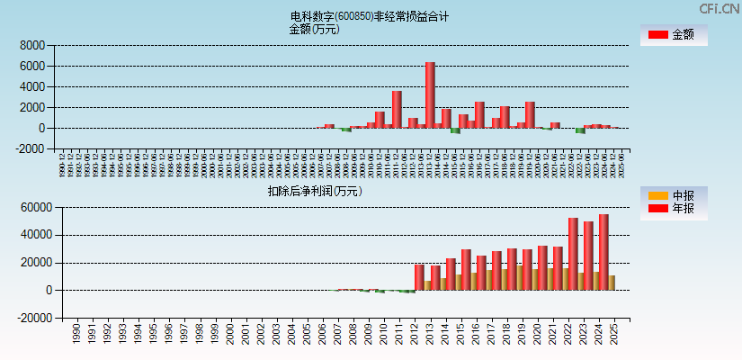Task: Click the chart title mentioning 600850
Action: (x=370, y=16)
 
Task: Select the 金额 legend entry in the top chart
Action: (x=673, y=35)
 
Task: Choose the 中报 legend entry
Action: (x=673, y=196)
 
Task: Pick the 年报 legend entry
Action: (x=673, y=209)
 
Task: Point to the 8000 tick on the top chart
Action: (x=31, y=45)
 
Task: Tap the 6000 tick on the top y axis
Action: (x=31, y=66)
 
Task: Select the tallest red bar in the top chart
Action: (x=430, y=94)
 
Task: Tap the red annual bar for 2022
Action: (x=573, y=254)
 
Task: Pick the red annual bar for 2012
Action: (x=419, y=277)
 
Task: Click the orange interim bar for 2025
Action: (x=612, y=283)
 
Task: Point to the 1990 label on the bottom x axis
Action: (x=76, y=334)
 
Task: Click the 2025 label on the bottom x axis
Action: (x=613, y=334)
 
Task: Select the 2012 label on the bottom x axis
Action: (x=414, y=334)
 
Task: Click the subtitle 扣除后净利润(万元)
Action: (x=314, y=191)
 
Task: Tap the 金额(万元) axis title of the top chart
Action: (x=314, y=29)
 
